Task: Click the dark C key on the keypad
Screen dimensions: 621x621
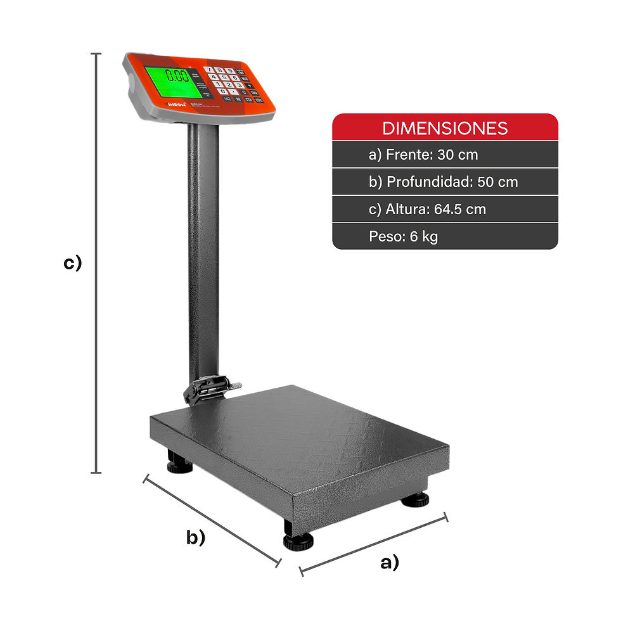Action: [243, 93]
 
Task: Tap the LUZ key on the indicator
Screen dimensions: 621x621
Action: [227, 98]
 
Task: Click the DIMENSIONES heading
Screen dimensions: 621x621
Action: [445, 128]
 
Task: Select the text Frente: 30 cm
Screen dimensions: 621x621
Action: [423, 155]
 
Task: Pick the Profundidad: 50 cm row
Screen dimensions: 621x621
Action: [443, 182]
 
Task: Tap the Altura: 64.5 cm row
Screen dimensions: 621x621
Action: [428, 209]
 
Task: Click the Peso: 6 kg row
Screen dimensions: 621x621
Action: [403, 236]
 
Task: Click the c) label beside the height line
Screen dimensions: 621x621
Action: [72, 263]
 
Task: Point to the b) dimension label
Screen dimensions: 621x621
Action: [196, 537]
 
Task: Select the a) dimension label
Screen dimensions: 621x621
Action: [390, 561]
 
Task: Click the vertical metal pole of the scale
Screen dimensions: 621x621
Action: [203, 253]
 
